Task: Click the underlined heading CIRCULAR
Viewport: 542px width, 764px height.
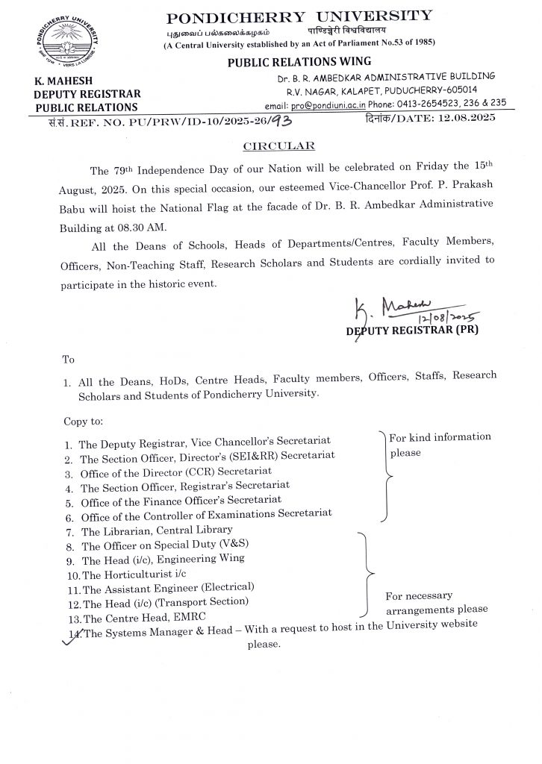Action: click(271, 145)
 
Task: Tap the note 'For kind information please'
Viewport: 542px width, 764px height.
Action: click(439, 444)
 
